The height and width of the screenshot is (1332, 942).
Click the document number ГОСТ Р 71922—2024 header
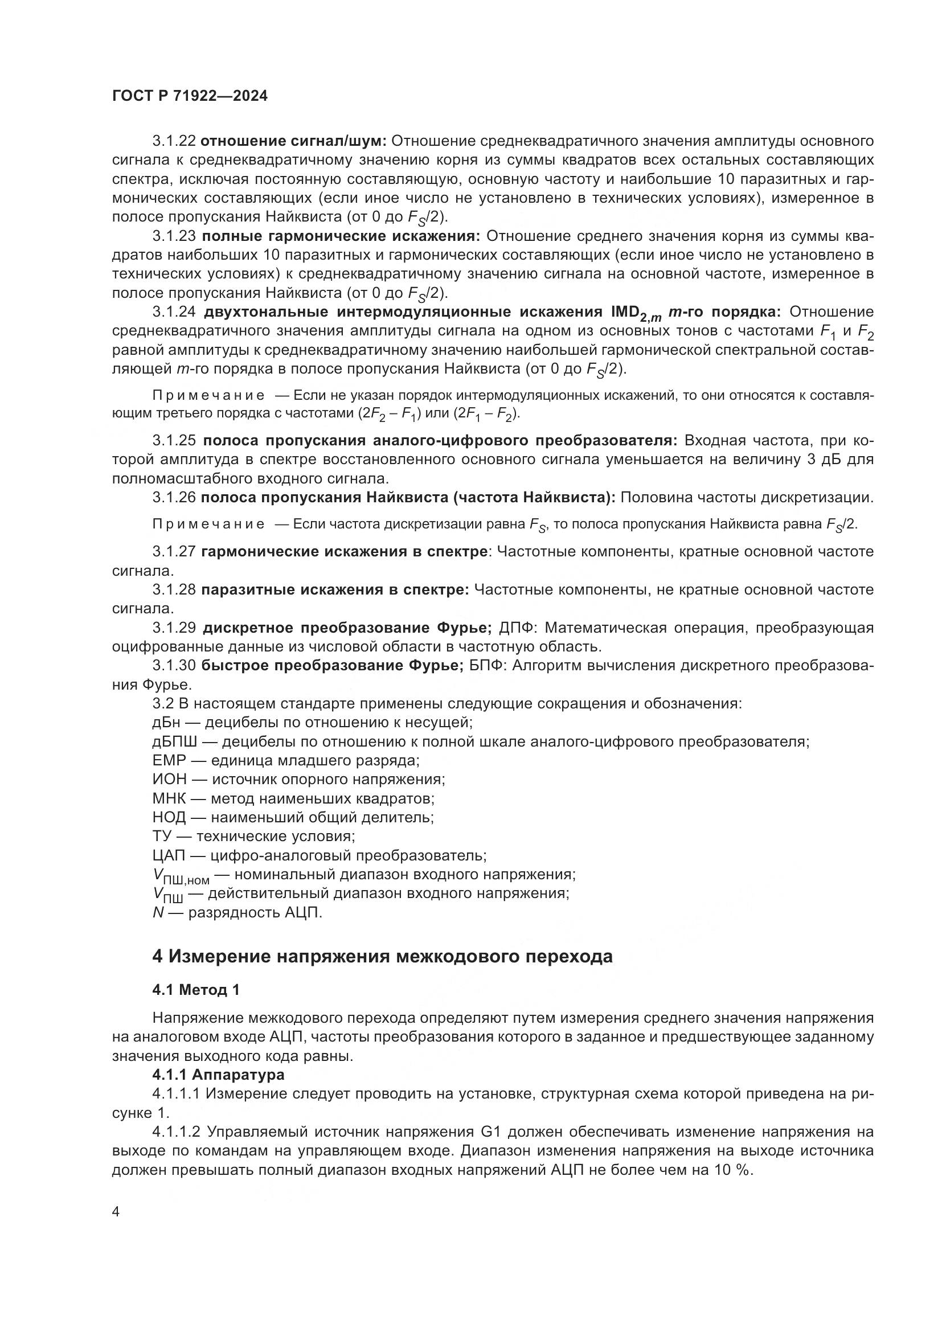(x=190, y=96)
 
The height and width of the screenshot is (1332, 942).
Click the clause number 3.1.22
(x=174, y=141)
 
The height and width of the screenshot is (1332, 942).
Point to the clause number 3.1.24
(x=174, y=312)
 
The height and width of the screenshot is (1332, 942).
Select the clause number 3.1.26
(x=174, y=497)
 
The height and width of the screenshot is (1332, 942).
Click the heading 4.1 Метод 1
(x=196, y=990)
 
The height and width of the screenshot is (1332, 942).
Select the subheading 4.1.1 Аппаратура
(x=219, y=1075)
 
